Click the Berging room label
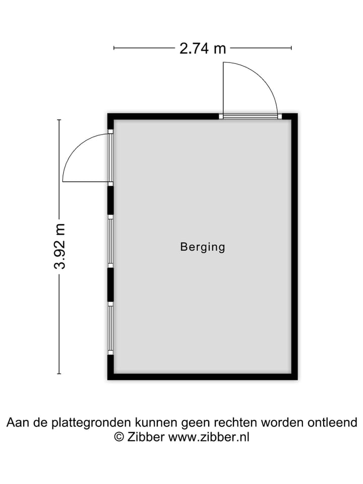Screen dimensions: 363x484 [203, 247]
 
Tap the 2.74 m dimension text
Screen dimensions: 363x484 [203, 48]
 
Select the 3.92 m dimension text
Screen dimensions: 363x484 [59, 247]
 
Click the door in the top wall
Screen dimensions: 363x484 [251, 116]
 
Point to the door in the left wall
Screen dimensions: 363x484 [110, 157]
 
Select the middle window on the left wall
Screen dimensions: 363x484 [110, 241]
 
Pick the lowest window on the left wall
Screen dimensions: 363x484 [110, 328]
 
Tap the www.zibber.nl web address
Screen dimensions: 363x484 [209, 437]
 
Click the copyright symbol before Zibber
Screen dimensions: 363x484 [119, 437]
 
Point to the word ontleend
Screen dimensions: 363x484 [332, 422]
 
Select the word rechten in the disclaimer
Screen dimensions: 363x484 [236, 422]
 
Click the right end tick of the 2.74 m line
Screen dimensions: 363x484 [291, 48]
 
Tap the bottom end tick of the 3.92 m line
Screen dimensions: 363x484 [59, 374]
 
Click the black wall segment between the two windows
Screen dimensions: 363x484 [110, 284]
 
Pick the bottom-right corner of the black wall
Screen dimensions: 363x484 [297, 380]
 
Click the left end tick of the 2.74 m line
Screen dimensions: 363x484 [114, 48]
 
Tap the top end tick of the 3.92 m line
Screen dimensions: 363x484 [59, 120]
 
